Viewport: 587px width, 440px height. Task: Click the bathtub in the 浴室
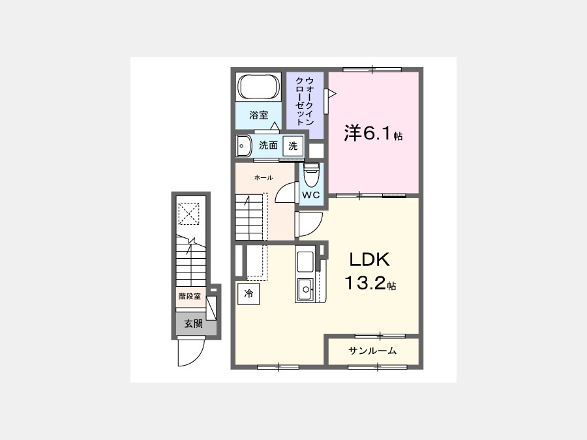pos(260,87)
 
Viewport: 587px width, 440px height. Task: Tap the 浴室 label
pos(259,115)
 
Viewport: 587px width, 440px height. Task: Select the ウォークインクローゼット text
pos(305,102)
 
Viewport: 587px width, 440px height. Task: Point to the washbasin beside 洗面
pos(244,146)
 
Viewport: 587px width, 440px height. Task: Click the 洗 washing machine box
pos(293,146)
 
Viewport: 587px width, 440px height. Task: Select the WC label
pos(311,195)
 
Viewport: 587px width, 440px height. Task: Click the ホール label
pos(263,178)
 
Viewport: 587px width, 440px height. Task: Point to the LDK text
pos(370,259)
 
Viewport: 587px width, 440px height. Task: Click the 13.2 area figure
pos(365,283)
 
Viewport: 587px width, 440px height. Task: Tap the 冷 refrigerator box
pos(248,294)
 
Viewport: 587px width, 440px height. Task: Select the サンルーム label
pos(372,351)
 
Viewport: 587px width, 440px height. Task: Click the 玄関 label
pos(193,324)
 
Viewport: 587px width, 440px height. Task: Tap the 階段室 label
pos(189,297)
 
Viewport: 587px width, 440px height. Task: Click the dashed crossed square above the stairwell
pos(188,214)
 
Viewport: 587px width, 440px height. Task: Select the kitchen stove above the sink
pos(305,261)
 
